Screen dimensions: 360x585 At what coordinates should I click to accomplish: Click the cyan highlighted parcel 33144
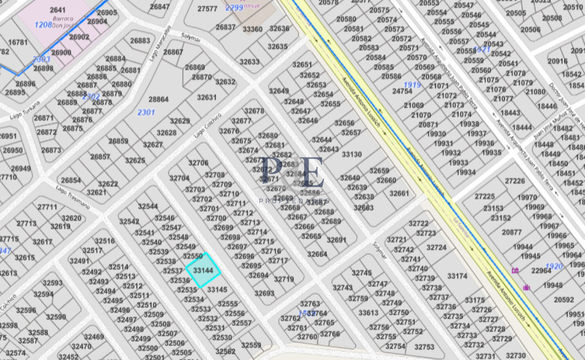pyautogui.click(x=203, y=270)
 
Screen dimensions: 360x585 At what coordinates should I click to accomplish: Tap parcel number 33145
pyautogui.click(x=217, y=289)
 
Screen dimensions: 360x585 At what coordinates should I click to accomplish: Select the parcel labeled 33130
pyautogui.click(x=351, y=155)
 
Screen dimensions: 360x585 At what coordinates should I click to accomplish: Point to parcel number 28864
pyautogui.click(x=158, y=100)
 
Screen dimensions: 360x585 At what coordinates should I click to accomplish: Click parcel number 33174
pyautogui.click(x=457, y=276)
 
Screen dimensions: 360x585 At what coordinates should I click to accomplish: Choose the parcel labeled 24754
pyautogui.click(x=402, y=91)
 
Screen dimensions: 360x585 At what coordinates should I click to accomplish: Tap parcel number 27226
pyautogui.click(x=514, y=181)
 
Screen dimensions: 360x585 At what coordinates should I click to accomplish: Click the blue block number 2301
pyautogui.click(x=146, y=112)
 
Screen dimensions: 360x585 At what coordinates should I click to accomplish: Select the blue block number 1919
pyautogui.click(x=412, y=85)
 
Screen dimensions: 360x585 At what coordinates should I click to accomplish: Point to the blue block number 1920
pyautogui.click(x=555, y=266)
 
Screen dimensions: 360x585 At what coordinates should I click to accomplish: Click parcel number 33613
pyautogui.click(x=368, y=313)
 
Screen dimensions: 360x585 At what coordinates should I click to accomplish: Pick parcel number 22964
pyautogui.click(x=541, y=271)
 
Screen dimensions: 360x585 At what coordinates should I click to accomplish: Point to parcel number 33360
pyautogui.click(x=253, y=29)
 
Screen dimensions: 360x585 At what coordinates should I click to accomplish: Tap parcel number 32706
pyautogui.click(x=198, y=163)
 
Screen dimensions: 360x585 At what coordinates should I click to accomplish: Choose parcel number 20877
pyautogui.click(x=511, y=232)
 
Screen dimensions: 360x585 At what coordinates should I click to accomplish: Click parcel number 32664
pyautogui.click(x=317, y=254)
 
